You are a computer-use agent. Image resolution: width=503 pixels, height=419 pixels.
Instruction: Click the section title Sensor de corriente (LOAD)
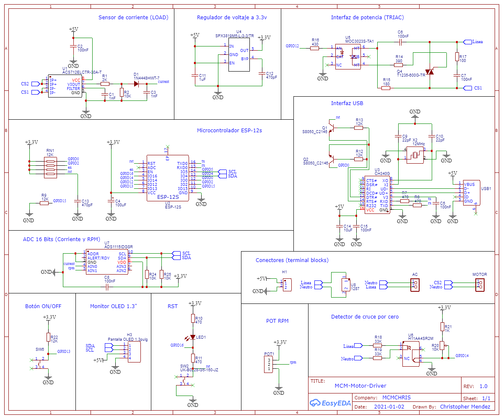tap(133, 18)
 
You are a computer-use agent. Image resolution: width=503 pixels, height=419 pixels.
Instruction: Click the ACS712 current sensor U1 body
tap(65, 86)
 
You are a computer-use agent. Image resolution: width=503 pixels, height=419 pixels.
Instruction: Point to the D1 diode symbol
tap(136, 84)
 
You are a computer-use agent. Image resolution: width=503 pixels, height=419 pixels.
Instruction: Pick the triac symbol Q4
tap(429, 72)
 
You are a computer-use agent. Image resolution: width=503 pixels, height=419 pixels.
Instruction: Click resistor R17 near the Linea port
tap(457, 57)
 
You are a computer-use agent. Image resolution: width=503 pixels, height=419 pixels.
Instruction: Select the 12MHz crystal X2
tap(415, 155)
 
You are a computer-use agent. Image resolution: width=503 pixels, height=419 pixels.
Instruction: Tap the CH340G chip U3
tap(377, 195)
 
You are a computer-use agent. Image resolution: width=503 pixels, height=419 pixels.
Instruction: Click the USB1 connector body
tap(471, 193)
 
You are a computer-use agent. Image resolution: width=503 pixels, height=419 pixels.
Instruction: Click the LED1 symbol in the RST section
tap(193, 337)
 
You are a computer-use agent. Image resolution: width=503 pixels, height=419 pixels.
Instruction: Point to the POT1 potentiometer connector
tap(269, 365)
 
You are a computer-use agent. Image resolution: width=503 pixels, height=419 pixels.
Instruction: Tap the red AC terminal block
tap(415, 285)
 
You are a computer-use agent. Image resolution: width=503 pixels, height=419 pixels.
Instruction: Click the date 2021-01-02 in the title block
tap(389, 406)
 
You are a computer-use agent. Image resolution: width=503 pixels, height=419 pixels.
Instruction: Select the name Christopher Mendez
tap(465, 406)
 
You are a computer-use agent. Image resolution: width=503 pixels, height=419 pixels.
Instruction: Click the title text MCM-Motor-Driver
tap(360, 386)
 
